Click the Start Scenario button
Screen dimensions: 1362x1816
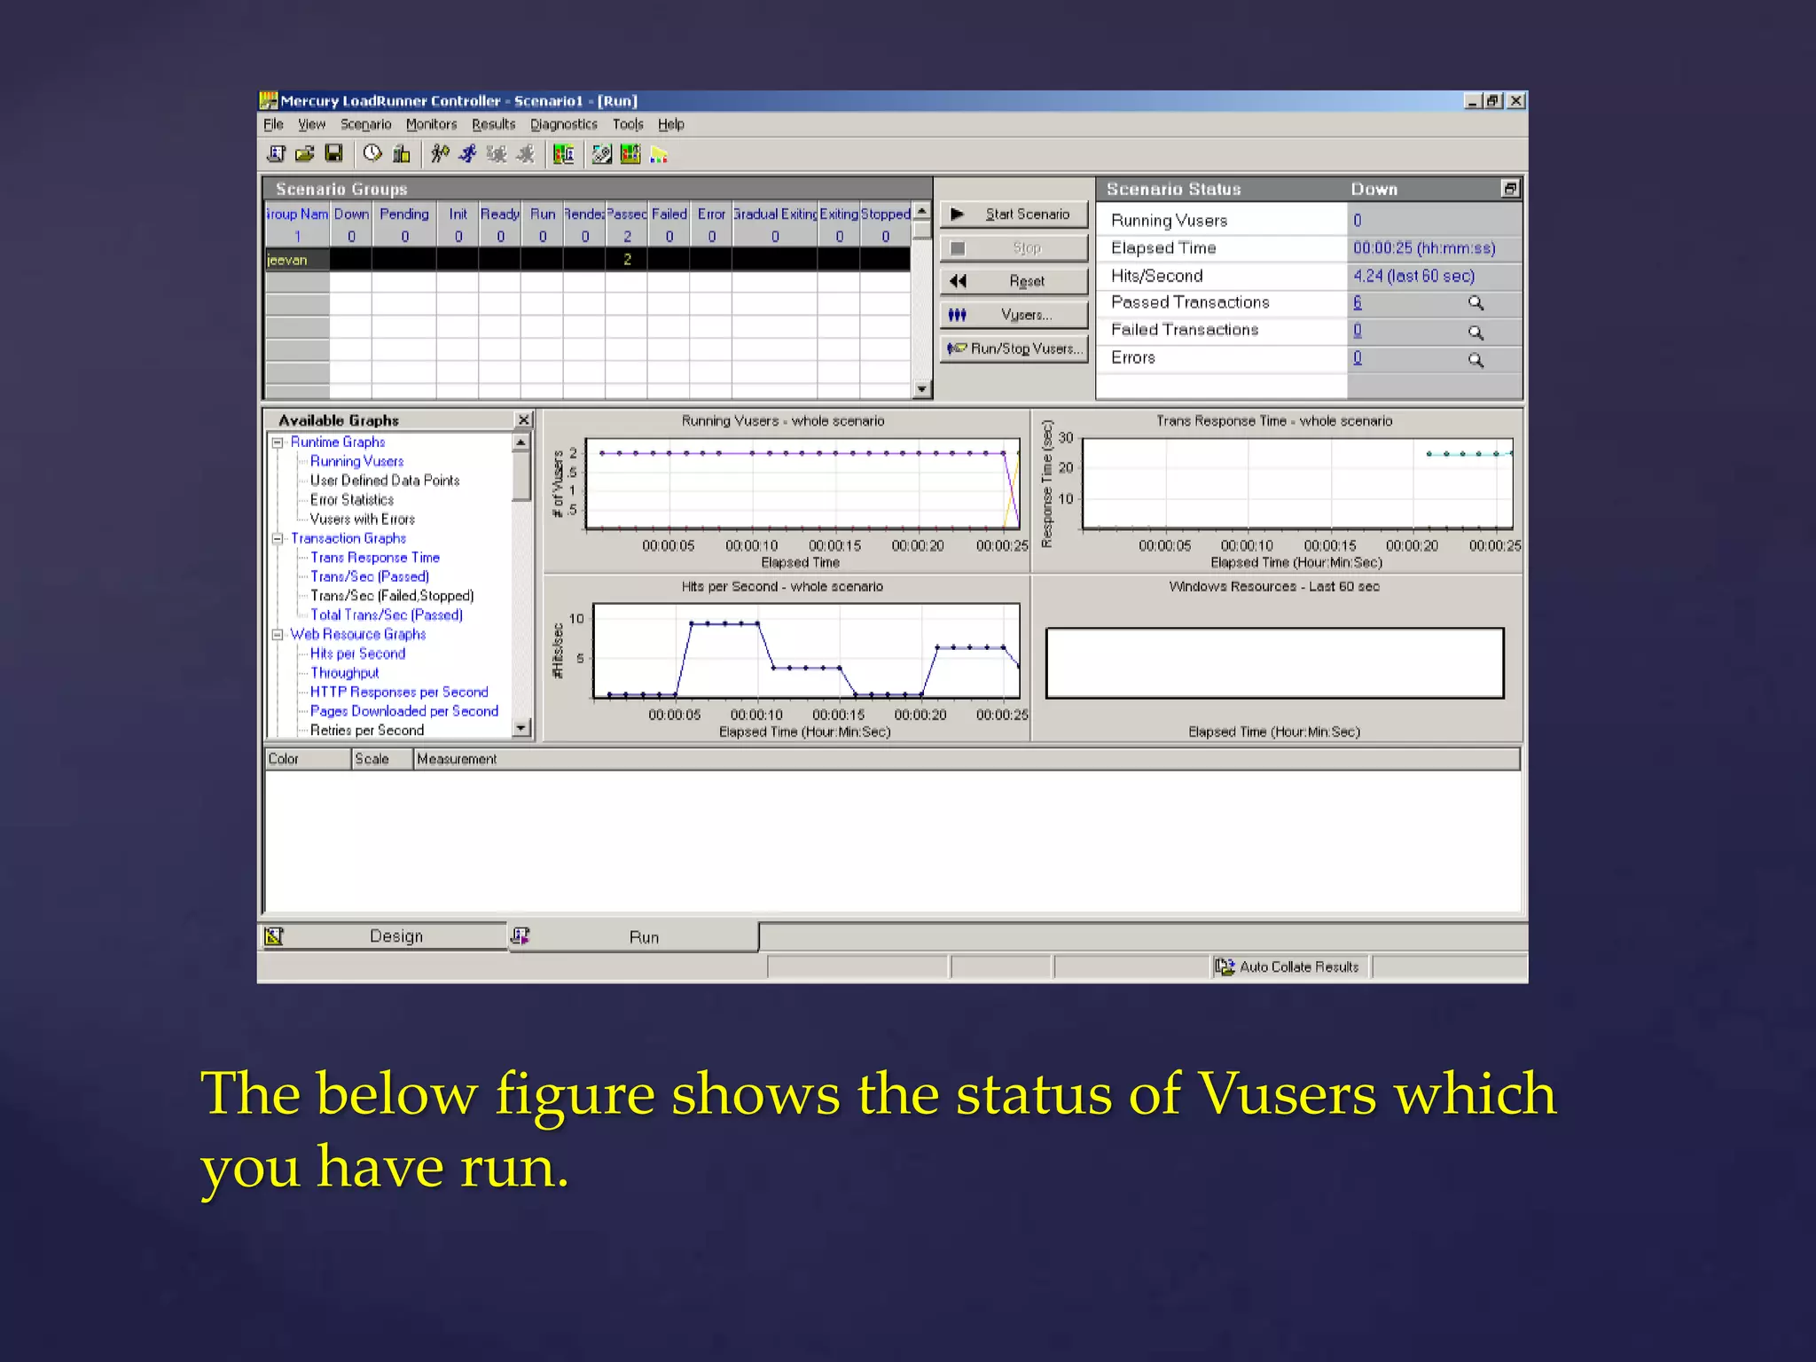[1014, 215]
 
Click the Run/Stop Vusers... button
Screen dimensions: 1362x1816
[1014, 348]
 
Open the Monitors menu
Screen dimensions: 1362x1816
[431, 125]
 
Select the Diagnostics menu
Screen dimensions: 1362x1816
[563, 125]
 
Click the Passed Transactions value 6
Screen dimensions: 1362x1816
[1357, 303]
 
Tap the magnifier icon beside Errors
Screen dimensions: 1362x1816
[1475, 360]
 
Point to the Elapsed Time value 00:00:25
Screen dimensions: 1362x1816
[1423, 248]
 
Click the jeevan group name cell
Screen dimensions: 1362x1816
[296, 260]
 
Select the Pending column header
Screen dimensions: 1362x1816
[404, 215]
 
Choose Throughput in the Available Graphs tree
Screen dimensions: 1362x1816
[344, 673]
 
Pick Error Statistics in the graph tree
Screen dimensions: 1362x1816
[351, 500]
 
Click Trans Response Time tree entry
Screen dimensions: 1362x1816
[374, 558]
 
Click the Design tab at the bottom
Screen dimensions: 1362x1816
[395, 936]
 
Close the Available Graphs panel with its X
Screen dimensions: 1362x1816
[523, 420]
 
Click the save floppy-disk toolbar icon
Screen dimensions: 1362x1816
[334, 154]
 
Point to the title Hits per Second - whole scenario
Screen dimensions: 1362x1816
[782, 587]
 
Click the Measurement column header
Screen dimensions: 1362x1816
[457, 759]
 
